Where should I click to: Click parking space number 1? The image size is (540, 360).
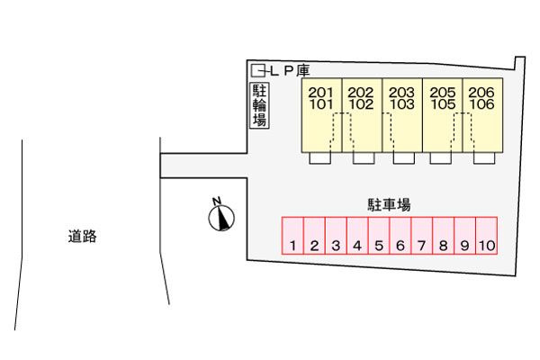click(293, 236)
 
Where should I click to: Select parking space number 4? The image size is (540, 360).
click(357, 236)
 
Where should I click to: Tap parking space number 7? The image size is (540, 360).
click(422, 236)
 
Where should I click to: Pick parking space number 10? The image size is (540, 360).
click(487, 236)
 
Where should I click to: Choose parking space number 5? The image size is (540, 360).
click(379, 236)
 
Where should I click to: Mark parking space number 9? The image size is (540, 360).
click(464, 236)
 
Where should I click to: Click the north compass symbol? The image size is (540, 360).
click(220, 215)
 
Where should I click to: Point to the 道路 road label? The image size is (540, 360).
click(82, 238)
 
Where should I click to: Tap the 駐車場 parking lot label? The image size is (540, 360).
click(389, 205)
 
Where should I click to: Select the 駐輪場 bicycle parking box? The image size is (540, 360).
click(259, 105)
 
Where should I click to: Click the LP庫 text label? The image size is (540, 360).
click(288, 69)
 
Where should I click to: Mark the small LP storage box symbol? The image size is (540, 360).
click(258, 69)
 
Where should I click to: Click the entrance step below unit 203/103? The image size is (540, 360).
click(404, 158)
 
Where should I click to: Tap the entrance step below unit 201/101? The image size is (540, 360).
click(320, 158)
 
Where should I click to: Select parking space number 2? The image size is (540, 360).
click(315, 236)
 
